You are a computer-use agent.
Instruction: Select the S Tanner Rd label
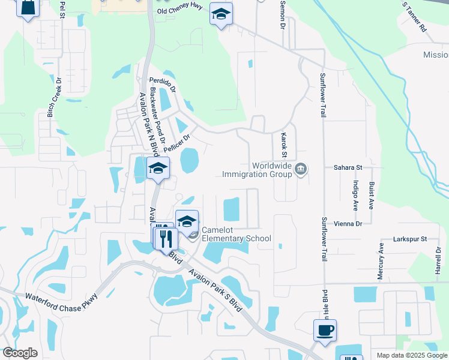coord(414,20)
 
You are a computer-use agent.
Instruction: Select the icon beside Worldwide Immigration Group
coord(301,170)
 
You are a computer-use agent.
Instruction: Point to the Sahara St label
coord(348,168)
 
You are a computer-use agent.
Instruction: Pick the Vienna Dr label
coord(350,223)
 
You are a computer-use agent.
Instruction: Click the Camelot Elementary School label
coord(236,234)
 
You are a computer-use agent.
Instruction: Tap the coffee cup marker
coord(325,330)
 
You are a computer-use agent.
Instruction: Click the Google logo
coord(20,353)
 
